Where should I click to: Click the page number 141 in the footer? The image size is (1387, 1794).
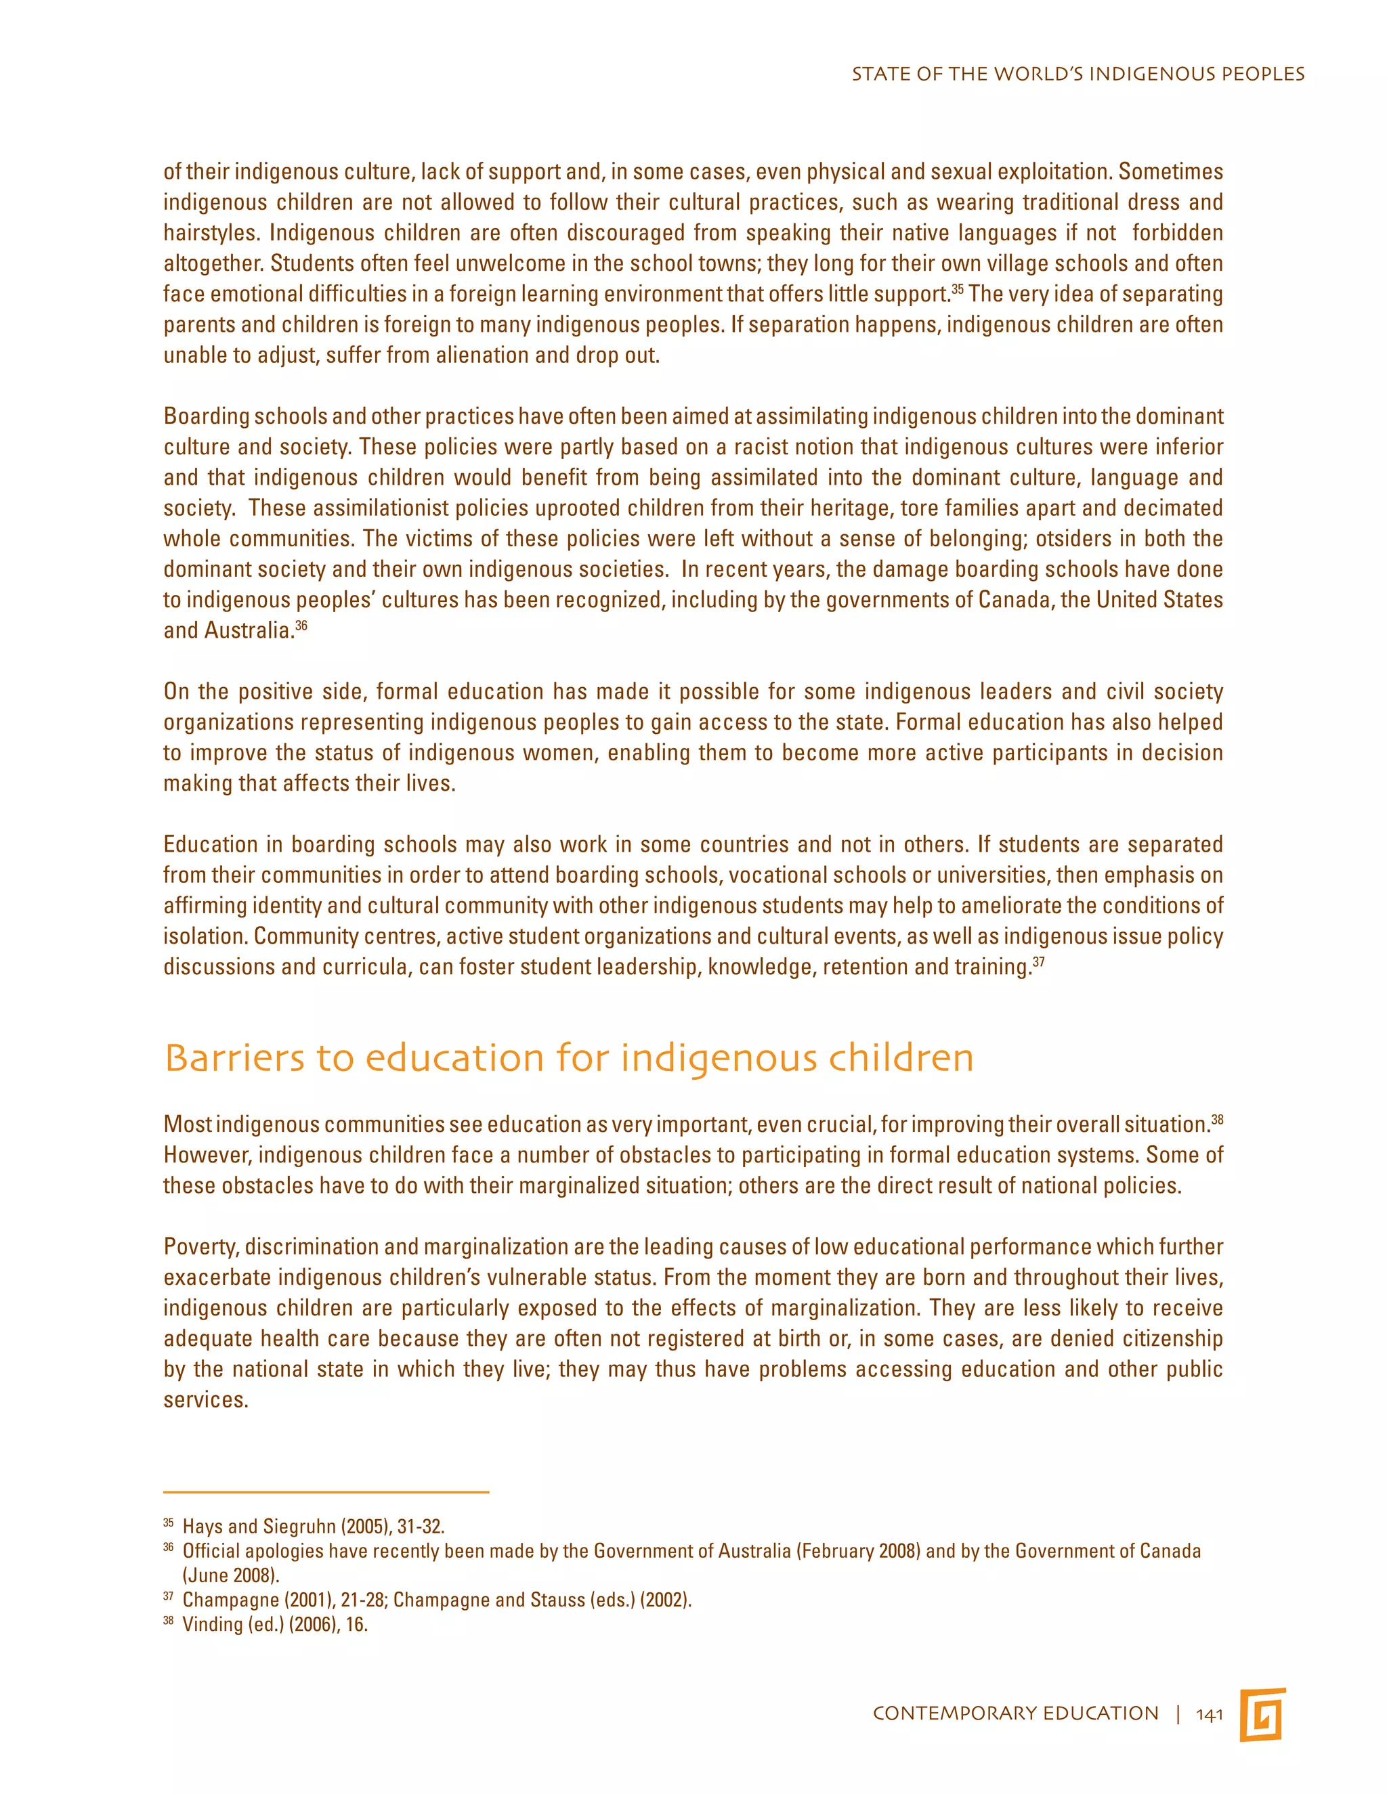(x=1209, y=1714)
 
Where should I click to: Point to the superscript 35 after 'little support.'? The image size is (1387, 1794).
(x=957, y=289)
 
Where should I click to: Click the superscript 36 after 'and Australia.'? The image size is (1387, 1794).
(x=301, y=626)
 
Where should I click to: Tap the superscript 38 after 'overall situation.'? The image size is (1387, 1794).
(x=1217, y=1119)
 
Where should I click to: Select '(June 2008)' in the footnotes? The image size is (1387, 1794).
(x=231, y=1575)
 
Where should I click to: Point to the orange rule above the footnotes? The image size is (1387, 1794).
(x=326, y=1491)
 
